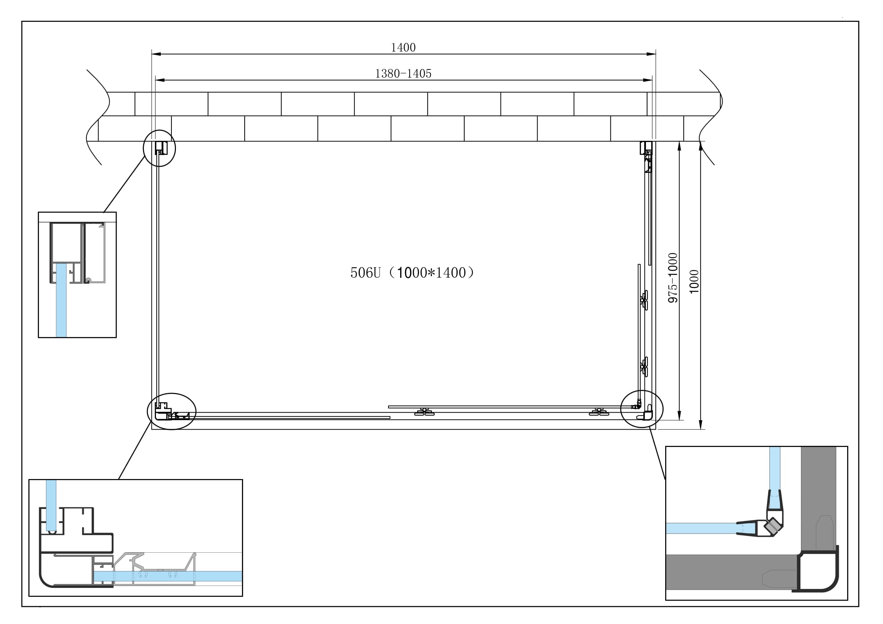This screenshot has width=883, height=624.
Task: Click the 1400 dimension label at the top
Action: (403, 47)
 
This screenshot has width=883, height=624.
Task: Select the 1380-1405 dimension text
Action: (403, 74)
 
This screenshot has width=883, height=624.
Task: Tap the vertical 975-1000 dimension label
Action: (673, 277)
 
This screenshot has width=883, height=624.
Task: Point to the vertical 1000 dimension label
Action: (694, 282)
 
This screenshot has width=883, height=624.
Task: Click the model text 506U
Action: (365, 273)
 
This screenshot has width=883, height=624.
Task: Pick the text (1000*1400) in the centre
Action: (431, 273)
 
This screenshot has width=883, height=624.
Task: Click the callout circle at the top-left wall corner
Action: (159, 148)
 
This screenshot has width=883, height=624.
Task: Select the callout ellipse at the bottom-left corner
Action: (171, 411)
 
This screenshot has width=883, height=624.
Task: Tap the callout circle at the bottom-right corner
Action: (641, 409)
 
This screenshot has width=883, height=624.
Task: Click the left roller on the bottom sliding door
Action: (424, 412)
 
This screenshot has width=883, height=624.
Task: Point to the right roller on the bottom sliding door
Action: (598, 412)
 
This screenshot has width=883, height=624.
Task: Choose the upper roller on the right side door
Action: (644, 300)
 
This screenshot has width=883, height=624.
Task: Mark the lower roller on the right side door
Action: (644, 367)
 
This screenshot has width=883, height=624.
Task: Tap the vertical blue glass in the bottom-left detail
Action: (51, 504)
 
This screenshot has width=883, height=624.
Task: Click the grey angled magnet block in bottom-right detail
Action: (773, 526)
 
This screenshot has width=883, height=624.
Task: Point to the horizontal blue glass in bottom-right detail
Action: (700, 528)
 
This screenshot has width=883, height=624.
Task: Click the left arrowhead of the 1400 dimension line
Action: (156, 54)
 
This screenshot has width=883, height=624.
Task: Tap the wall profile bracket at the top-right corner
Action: (646, 148)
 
